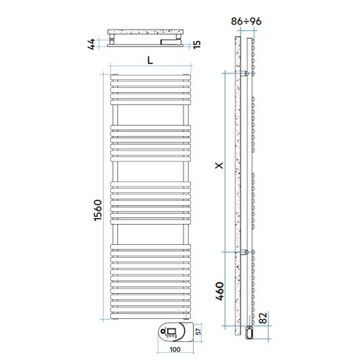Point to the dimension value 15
coord(206,45)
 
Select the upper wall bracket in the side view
coord(247,73)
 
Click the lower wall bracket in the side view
coord(247,251)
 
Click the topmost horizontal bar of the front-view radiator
coord(150,77)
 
